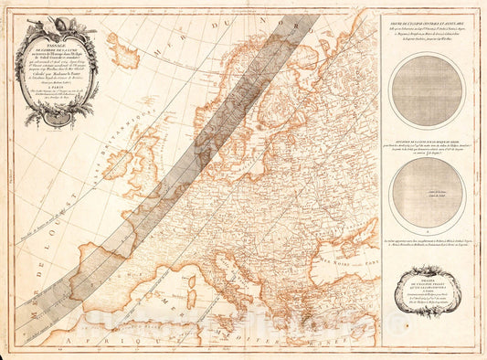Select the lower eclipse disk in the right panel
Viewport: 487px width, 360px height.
(x=426, y=191)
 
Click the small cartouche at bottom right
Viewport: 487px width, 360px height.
(x=427, y=282)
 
